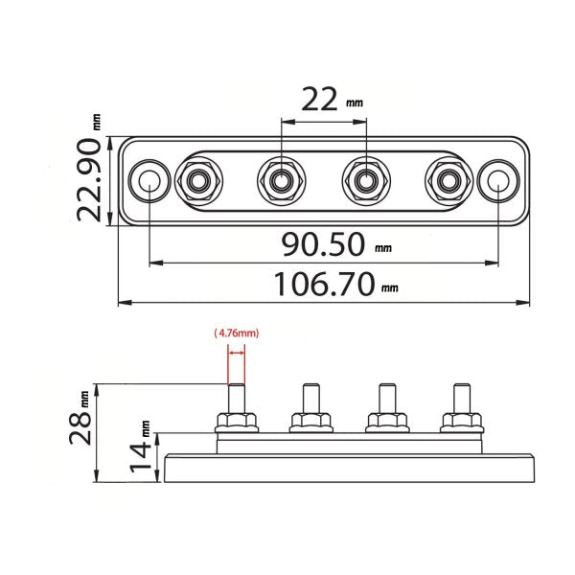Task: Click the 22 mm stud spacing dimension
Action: click(x=332, y=100)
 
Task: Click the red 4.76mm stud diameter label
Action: click(x=237, y=333)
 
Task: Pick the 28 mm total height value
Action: click(x=80, y=418)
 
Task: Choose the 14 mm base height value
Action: click(x=140, y=447)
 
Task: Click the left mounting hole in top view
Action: click(x=149, y=180)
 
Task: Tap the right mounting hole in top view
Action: click(x=498, y=180)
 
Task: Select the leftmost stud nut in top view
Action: click(x=198, y=180)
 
